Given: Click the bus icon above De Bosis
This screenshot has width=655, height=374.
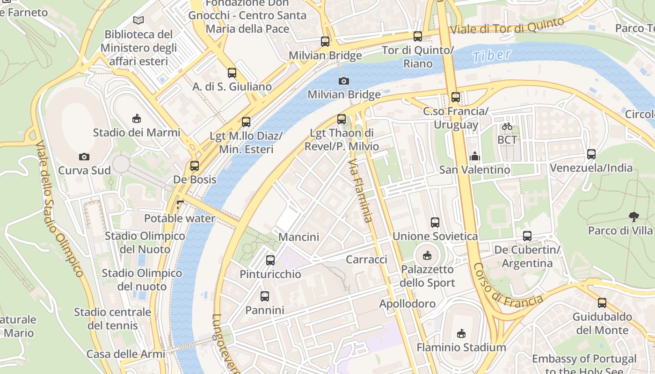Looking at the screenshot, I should pyautogui.click(x=195, y=165).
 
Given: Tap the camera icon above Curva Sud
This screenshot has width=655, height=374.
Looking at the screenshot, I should pyautogui.click(x=84, y=157).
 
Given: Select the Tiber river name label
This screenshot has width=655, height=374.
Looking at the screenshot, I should pyautogui.click(x=491, y=55).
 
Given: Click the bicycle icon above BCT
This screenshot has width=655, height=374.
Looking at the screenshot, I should pyautogui.click(x=507, y=126).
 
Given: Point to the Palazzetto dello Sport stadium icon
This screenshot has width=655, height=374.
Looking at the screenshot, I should pyautogui.click(x=427, y=255).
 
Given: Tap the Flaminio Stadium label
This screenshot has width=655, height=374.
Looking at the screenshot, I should pyautogui.click(x=461, y=347).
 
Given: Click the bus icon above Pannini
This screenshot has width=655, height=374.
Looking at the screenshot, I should pyautogui.click(x=265, y=296).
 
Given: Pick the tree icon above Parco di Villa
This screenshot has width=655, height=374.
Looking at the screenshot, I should pyautogui.click(x=634, y=216).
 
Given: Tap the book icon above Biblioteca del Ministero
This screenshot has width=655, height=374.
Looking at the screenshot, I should pyautogui.click(x=138, y=20).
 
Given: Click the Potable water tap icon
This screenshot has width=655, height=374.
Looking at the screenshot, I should pyautogui.click(x=180, y=204).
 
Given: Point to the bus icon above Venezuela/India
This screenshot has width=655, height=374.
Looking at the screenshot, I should pyautogui.click(x=591, y=154).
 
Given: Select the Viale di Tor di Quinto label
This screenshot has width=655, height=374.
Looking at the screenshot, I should pyautogui.click(x=513, y=27).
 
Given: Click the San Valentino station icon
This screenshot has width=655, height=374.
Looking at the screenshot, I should pyautogui.click(x=475, y=156).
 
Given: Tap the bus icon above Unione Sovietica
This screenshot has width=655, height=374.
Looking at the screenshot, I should pyautogui.click(x=435, y=222).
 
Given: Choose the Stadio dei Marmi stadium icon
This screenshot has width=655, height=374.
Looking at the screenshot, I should pyautogui.click(x=136, y=118).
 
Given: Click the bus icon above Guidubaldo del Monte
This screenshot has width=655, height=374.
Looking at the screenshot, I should pyautogui.click(x=602, y=302).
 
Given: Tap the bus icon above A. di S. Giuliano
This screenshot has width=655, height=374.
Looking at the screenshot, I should pyautogui.click(x=232, y=72).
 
